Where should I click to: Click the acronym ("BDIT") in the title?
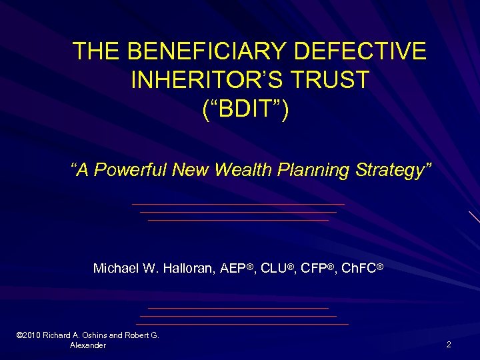tap(245, 109)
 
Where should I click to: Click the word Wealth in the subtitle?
tap(243, 170)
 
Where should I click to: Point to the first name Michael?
tap(115, 269)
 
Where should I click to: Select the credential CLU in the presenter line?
tap(273, 269)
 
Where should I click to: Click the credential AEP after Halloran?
tap(233, 269)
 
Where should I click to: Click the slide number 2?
tap(449, 345)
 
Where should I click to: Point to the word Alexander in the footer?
tap(87, 345)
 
